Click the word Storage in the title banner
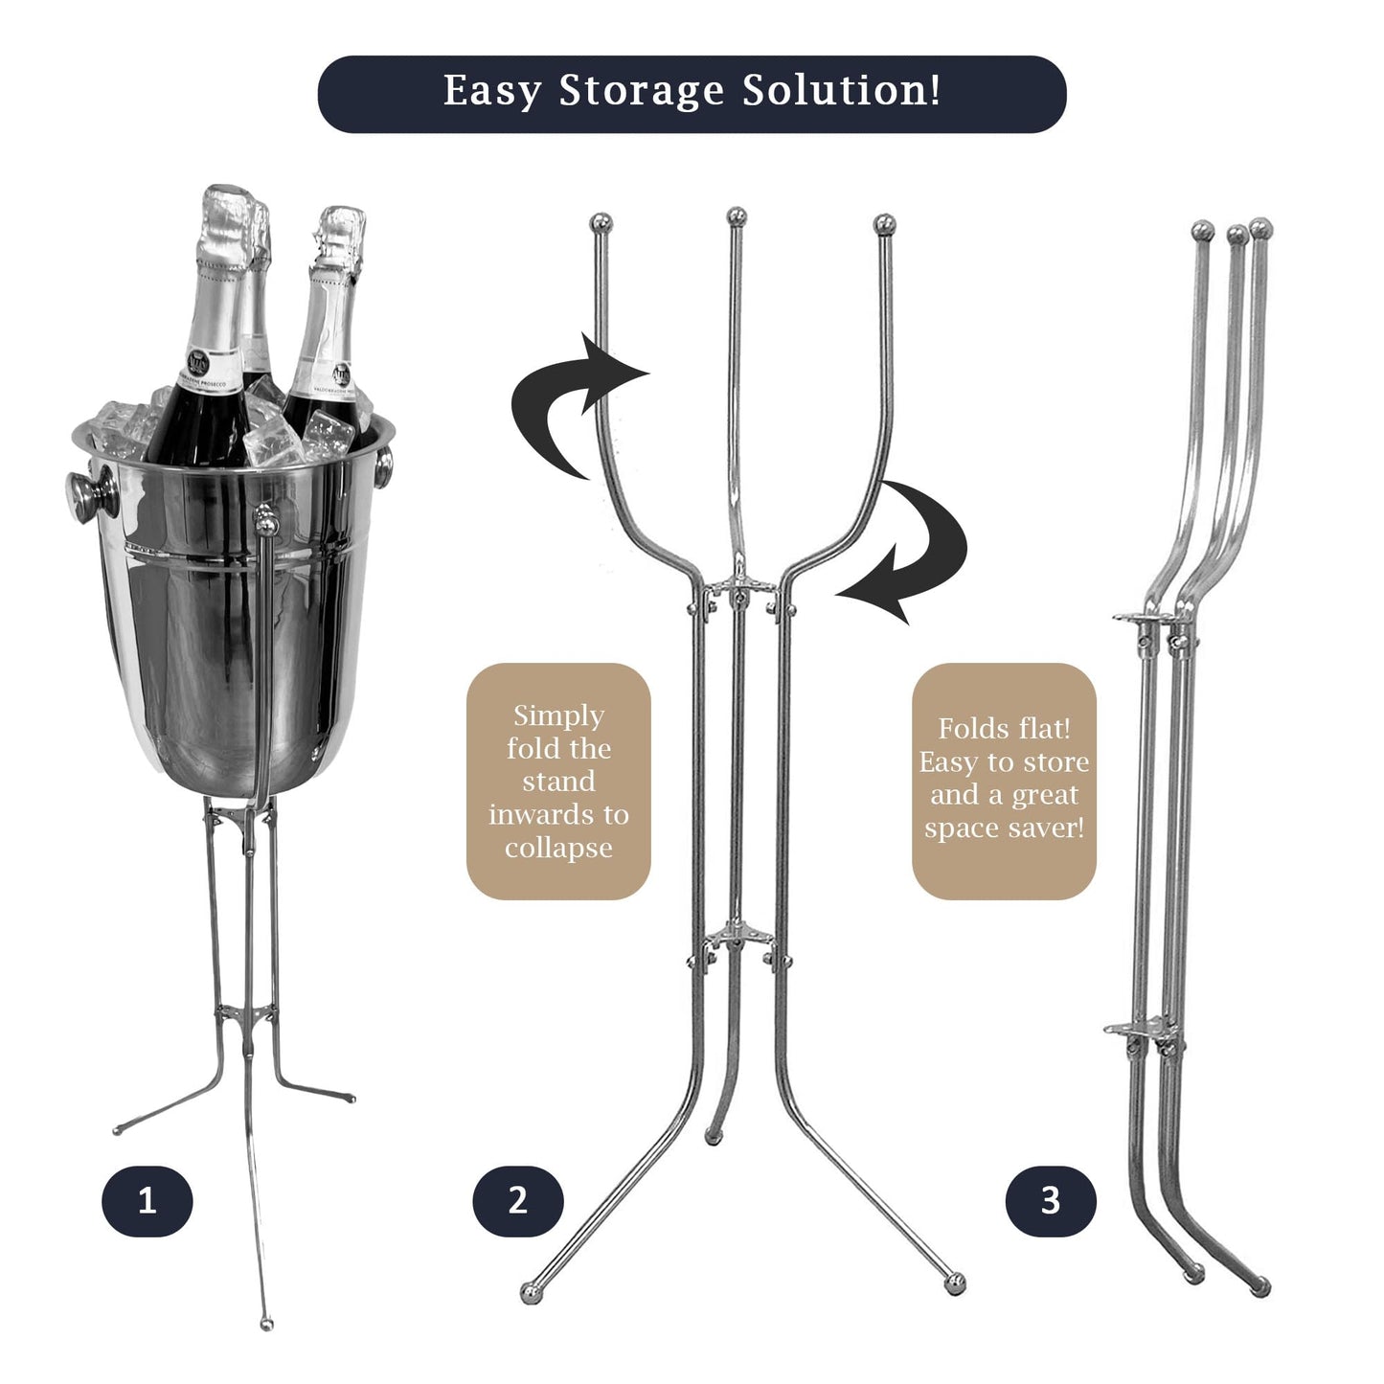point(642,91)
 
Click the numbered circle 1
point(147,1202)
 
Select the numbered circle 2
point(518,1202)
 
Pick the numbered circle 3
point(1051,1202)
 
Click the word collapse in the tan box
point(558,849)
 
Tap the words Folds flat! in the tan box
point(1004,729)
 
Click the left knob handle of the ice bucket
point(92,493)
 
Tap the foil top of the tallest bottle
point(225,222)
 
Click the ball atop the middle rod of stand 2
point(737,216)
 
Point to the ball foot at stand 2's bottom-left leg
point(531,1313)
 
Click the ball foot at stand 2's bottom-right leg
point(955,1304)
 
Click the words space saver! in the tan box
point(1004,828)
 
